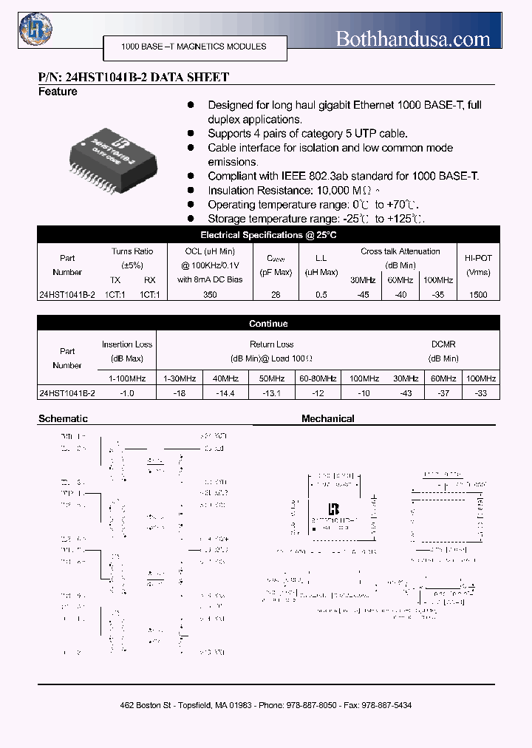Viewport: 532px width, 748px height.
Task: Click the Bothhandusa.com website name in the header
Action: [413, 38]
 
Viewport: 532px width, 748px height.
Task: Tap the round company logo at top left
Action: [32, 30]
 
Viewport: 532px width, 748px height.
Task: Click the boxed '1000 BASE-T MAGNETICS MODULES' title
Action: [194, 47]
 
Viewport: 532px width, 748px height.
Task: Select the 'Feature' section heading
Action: [58, 92]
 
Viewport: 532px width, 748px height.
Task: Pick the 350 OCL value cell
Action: [210, 294]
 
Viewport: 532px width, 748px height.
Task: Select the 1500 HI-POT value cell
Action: [478, 294]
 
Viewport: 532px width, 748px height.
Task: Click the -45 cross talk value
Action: [363, 294]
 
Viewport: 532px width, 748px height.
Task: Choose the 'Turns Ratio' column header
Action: [133, 251]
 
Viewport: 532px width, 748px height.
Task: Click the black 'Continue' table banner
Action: [268, 324]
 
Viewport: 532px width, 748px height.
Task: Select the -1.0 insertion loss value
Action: [126, 393]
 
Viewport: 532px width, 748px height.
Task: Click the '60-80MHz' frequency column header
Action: [317, 378]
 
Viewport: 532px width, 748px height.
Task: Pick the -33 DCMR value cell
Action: [481, 393]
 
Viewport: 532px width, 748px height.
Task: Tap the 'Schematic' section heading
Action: [63, 419]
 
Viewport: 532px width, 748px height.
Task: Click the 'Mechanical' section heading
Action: [327, 419]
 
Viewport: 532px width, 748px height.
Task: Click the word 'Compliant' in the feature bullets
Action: [232, 176]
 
